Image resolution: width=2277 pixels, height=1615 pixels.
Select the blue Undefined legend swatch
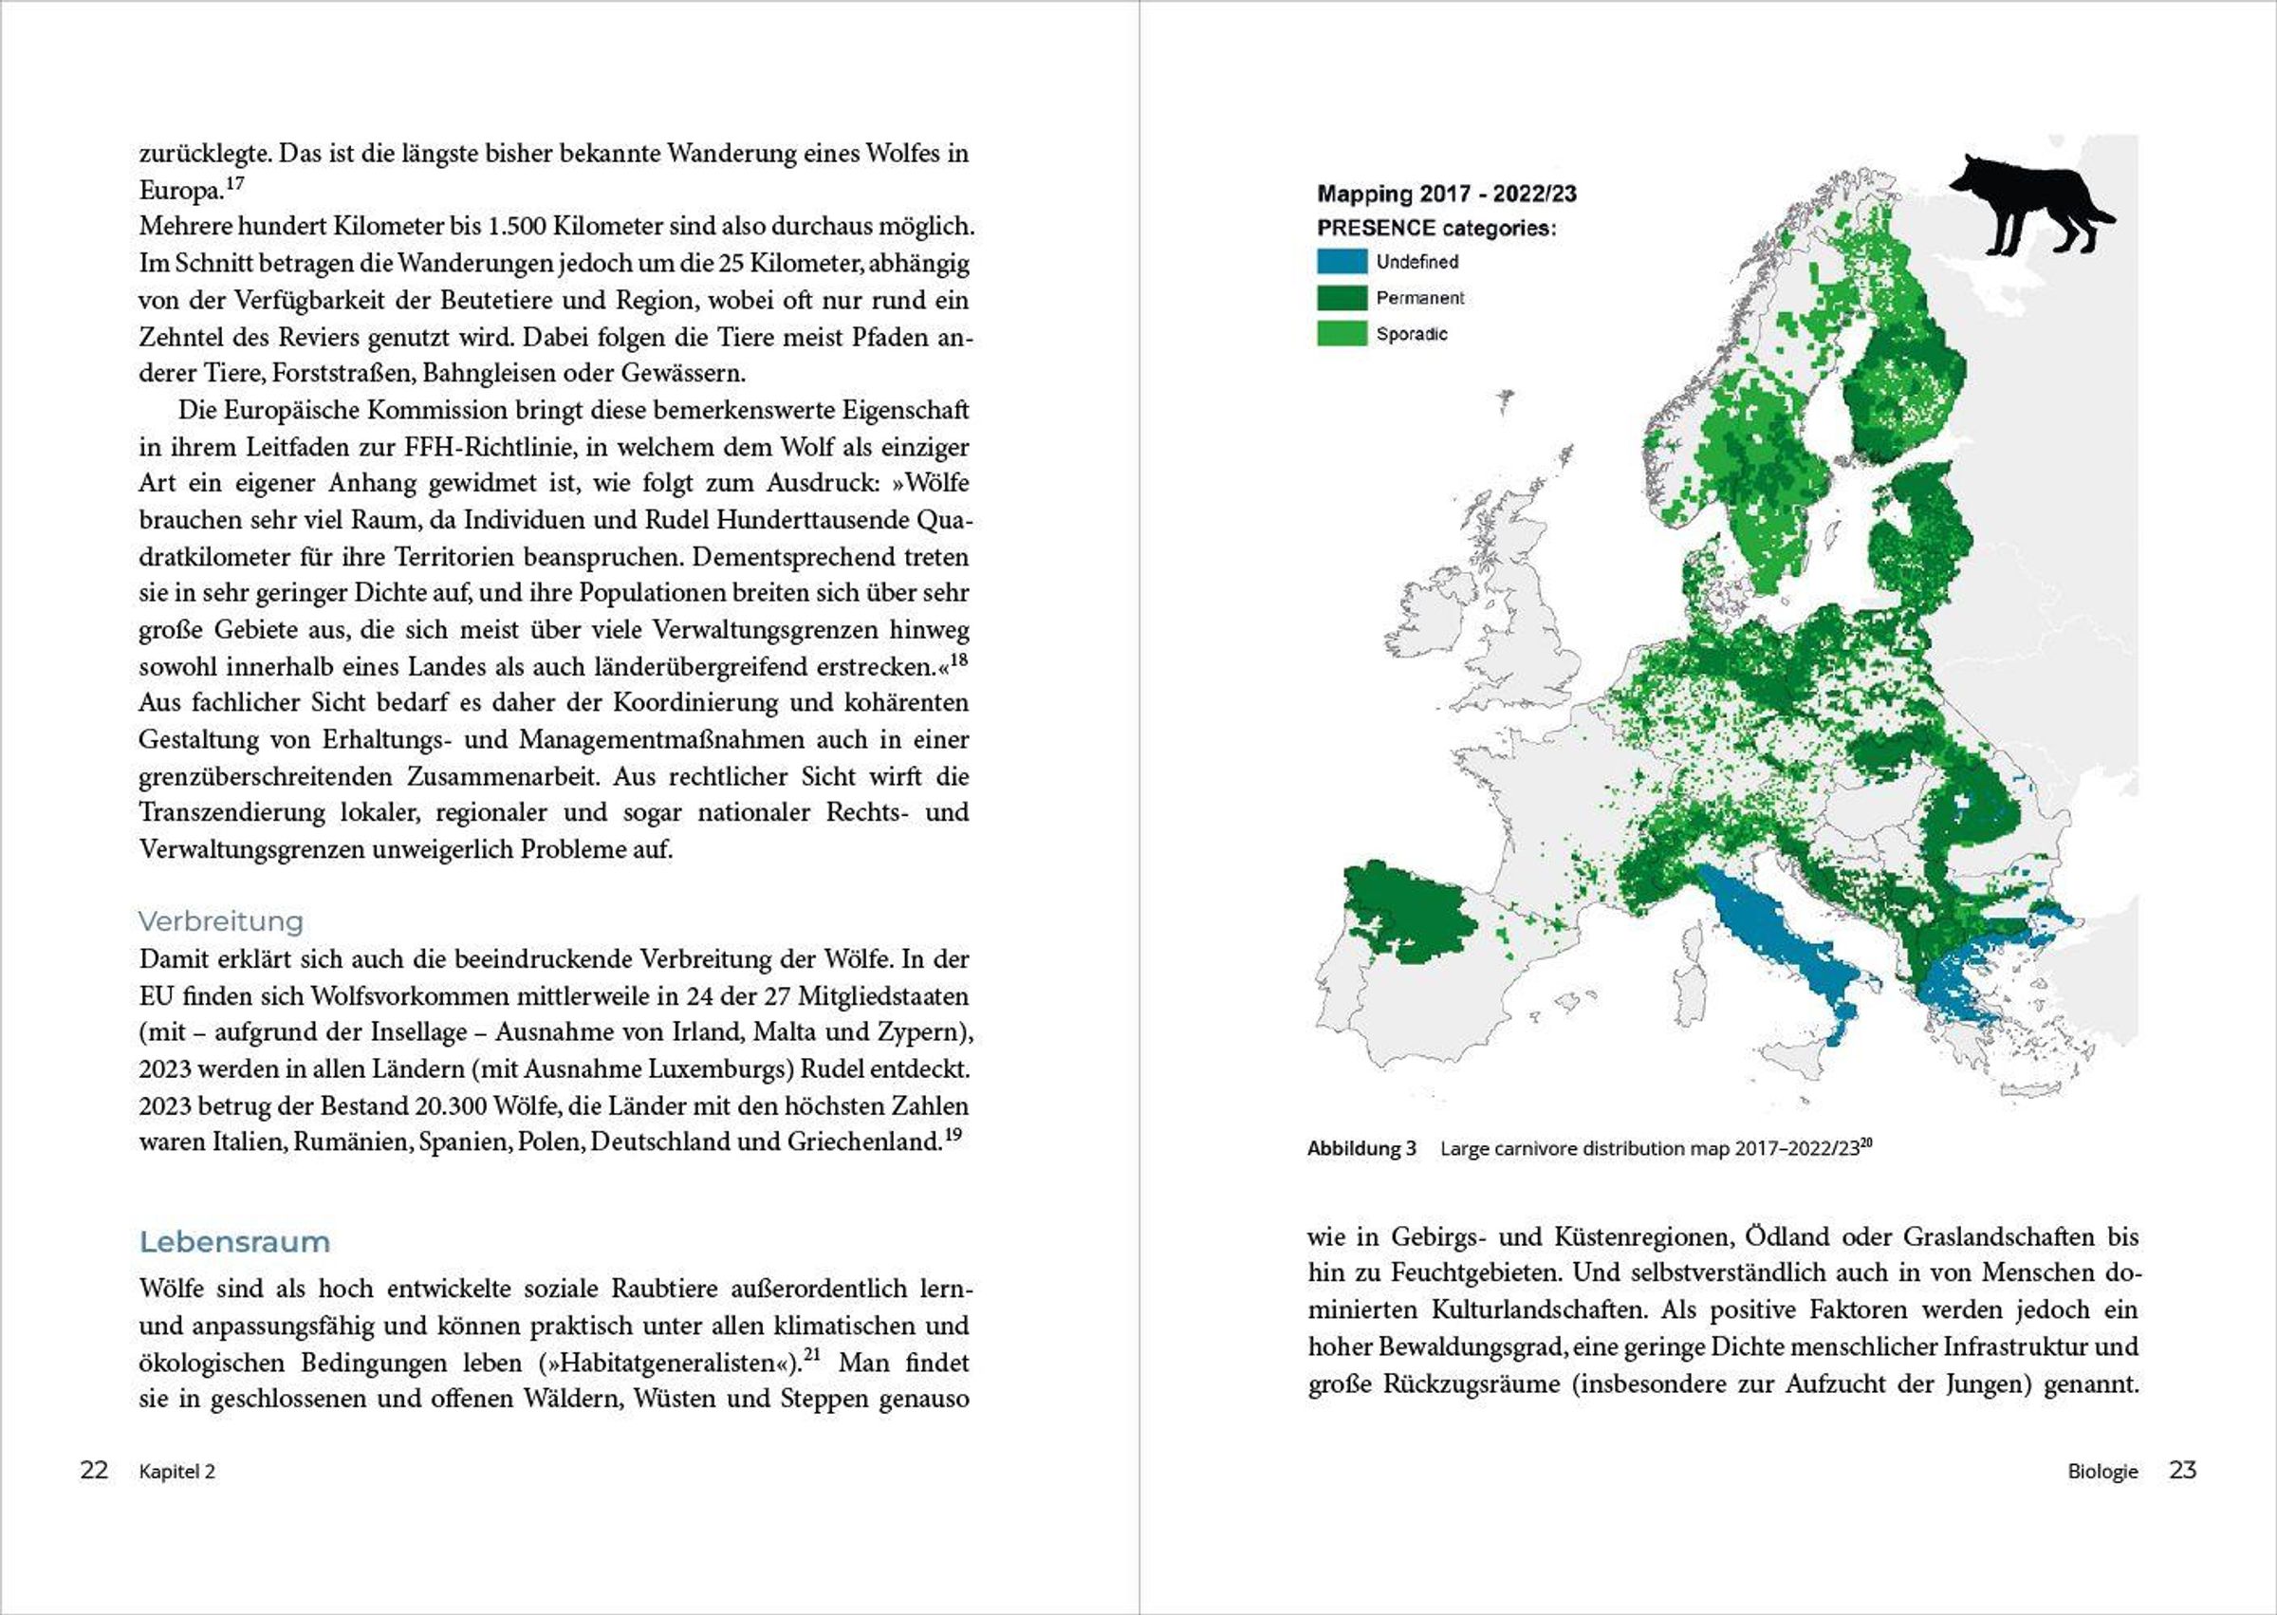click(1342, 262)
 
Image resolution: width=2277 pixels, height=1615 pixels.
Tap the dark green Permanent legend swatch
click(1342, 297)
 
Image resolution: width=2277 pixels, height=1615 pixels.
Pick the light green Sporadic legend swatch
click(1342, 333)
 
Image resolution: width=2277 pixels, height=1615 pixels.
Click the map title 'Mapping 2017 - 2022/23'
click(1446, 194)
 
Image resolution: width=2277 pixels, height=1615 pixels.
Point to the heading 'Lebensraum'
click(234, 1242)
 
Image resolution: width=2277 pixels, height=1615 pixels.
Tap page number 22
click(94, 1471)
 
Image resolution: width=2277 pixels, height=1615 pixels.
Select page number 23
click(2181, 1471)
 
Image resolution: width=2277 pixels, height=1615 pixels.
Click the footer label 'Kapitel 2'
click(177, 1472)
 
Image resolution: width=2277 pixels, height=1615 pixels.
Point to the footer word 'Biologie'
click(2102, 1472)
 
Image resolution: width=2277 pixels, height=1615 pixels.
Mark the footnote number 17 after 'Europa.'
click(234, 184)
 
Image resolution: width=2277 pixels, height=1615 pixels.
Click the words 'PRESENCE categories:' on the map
click(1435, 228)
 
